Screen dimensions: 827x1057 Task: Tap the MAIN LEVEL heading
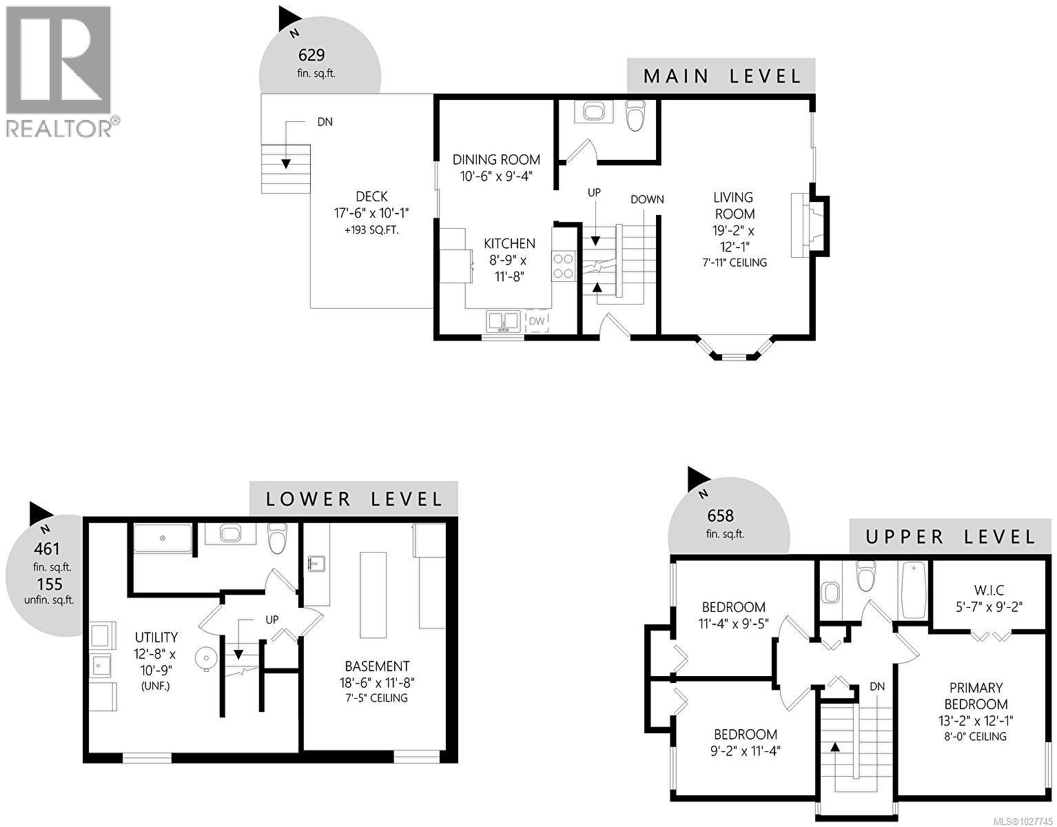[721, 76]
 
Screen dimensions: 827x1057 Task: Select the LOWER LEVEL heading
[354, 499]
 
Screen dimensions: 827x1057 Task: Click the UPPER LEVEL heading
[950, 537]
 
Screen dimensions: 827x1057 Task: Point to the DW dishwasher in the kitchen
[537, 321]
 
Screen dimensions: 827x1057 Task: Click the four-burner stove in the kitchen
[562, 266]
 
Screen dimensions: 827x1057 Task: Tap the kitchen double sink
[503, 321]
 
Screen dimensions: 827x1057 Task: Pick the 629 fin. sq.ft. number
[311, 55]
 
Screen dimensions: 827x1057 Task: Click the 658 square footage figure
[720, 515]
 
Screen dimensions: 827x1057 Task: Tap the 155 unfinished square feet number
[49, 584]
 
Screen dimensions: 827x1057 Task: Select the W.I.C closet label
[989, 590]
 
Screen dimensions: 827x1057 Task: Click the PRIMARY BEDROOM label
[976, 696]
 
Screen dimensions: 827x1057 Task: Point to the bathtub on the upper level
[914, 590]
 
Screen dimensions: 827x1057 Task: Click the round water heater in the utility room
[206, 658]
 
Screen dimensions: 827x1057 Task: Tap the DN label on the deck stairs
[325, 122]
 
